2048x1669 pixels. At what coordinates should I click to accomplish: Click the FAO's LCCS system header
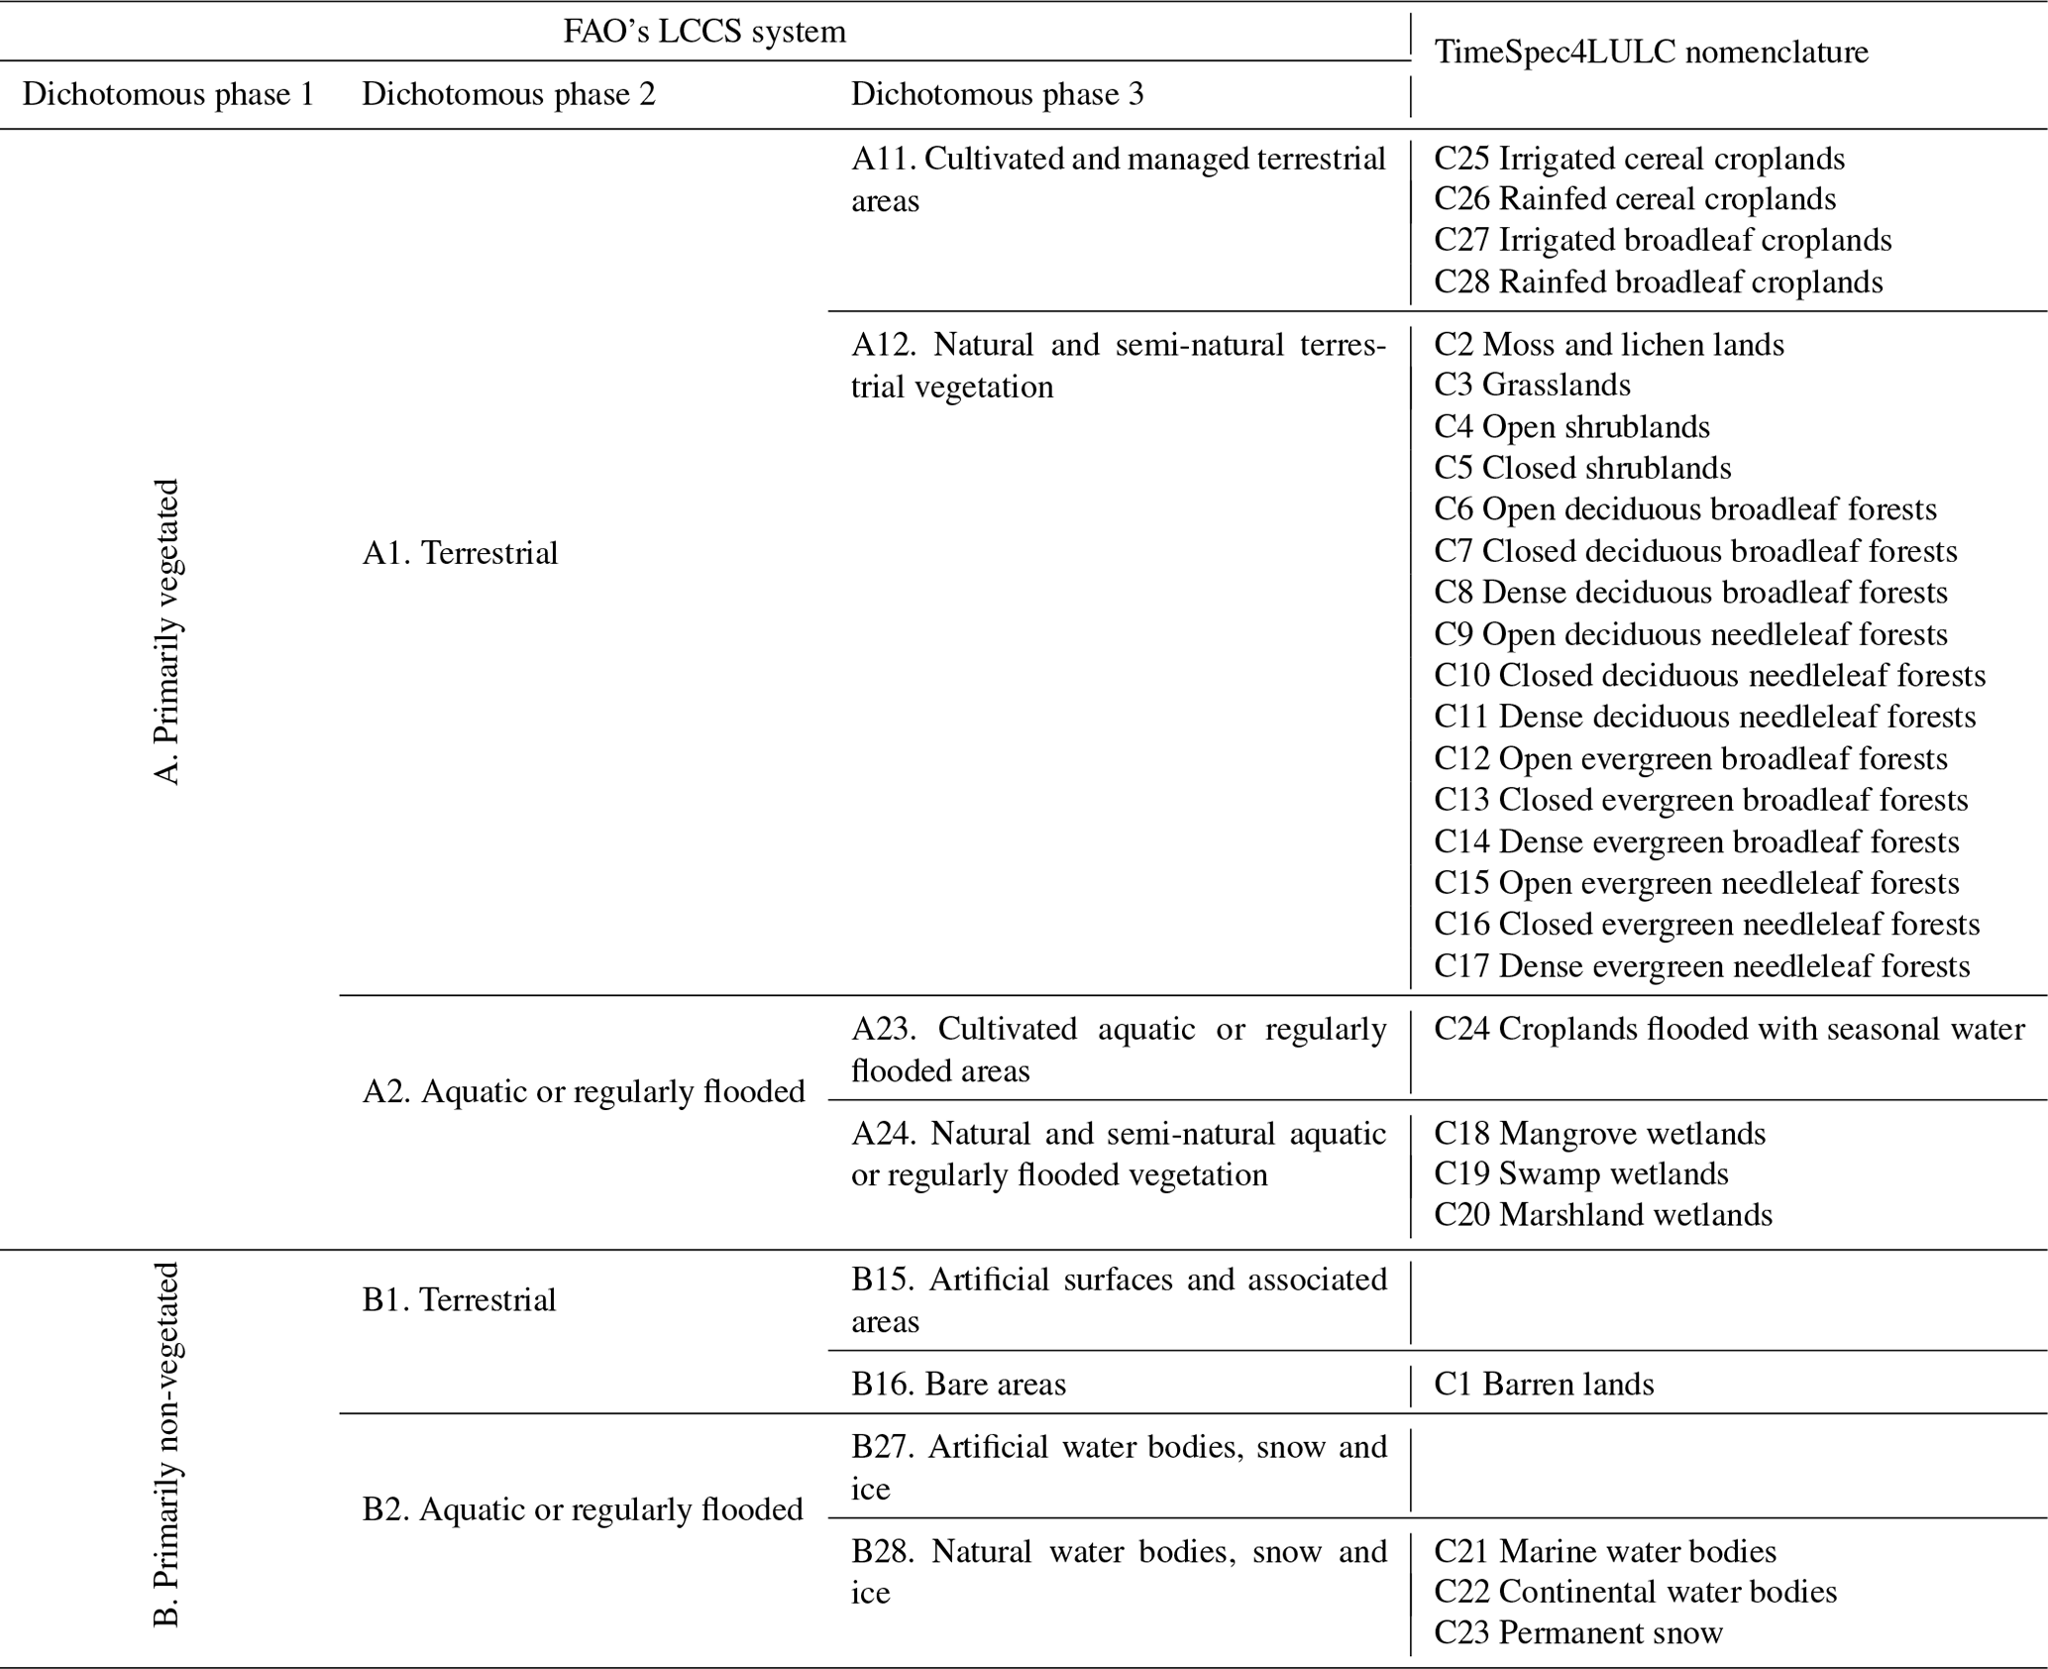[x=704, y=32]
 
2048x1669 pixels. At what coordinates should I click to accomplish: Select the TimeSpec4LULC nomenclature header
[x=1651, y=52]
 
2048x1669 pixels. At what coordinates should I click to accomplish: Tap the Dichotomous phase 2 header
[x=508, y=94]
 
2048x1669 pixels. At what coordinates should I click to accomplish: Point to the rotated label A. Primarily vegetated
[x=168, y=632]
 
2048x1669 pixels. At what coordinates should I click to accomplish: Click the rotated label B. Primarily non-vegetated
[x=168, y=1445]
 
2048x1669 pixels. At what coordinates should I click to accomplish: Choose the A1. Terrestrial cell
[x=460, y=553]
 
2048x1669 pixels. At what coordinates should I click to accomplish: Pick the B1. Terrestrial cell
[x=459, y=1299]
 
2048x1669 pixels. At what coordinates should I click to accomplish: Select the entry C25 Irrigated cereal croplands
[x=1639, y=159]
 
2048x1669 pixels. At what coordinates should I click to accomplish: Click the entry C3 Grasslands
[x=1532, y=385]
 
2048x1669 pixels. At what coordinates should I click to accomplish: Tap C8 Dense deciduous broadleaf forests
[x=1690, y=593]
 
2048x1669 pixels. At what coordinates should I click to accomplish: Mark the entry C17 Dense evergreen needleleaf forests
[x=1701, y=965]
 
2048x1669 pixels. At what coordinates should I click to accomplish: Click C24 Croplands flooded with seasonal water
[x=1729, y=1029]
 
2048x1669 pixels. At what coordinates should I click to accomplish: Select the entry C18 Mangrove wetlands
[x=1599, y=1133]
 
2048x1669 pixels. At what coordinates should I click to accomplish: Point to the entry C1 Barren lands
[x=1544, y=1384]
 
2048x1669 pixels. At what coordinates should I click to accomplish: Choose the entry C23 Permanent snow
[x=1578, y=1632]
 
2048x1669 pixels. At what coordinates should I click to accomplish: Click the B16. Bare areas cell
[x=958, y=1384]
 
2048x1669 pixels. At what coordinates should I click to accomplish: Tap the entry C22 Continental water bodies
[x=1635, y=1592]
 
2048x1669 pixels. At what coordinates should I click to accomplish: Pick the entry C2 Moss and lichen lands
[x=1609, y=344]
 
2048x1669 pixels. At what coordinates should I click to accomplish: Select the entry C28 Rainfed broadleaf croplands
[x=1658, y=281]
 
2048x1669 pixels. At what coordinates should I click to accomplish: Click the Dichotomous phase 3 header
[x=997, y=94]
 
